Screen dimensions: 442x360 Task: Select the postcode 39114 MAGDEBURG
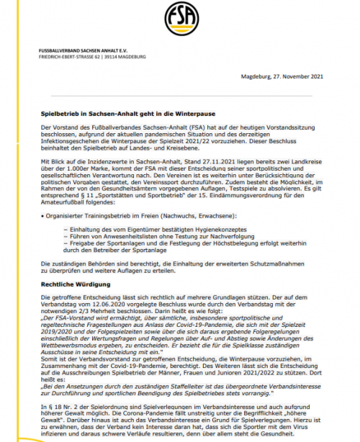click(127, 56)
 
